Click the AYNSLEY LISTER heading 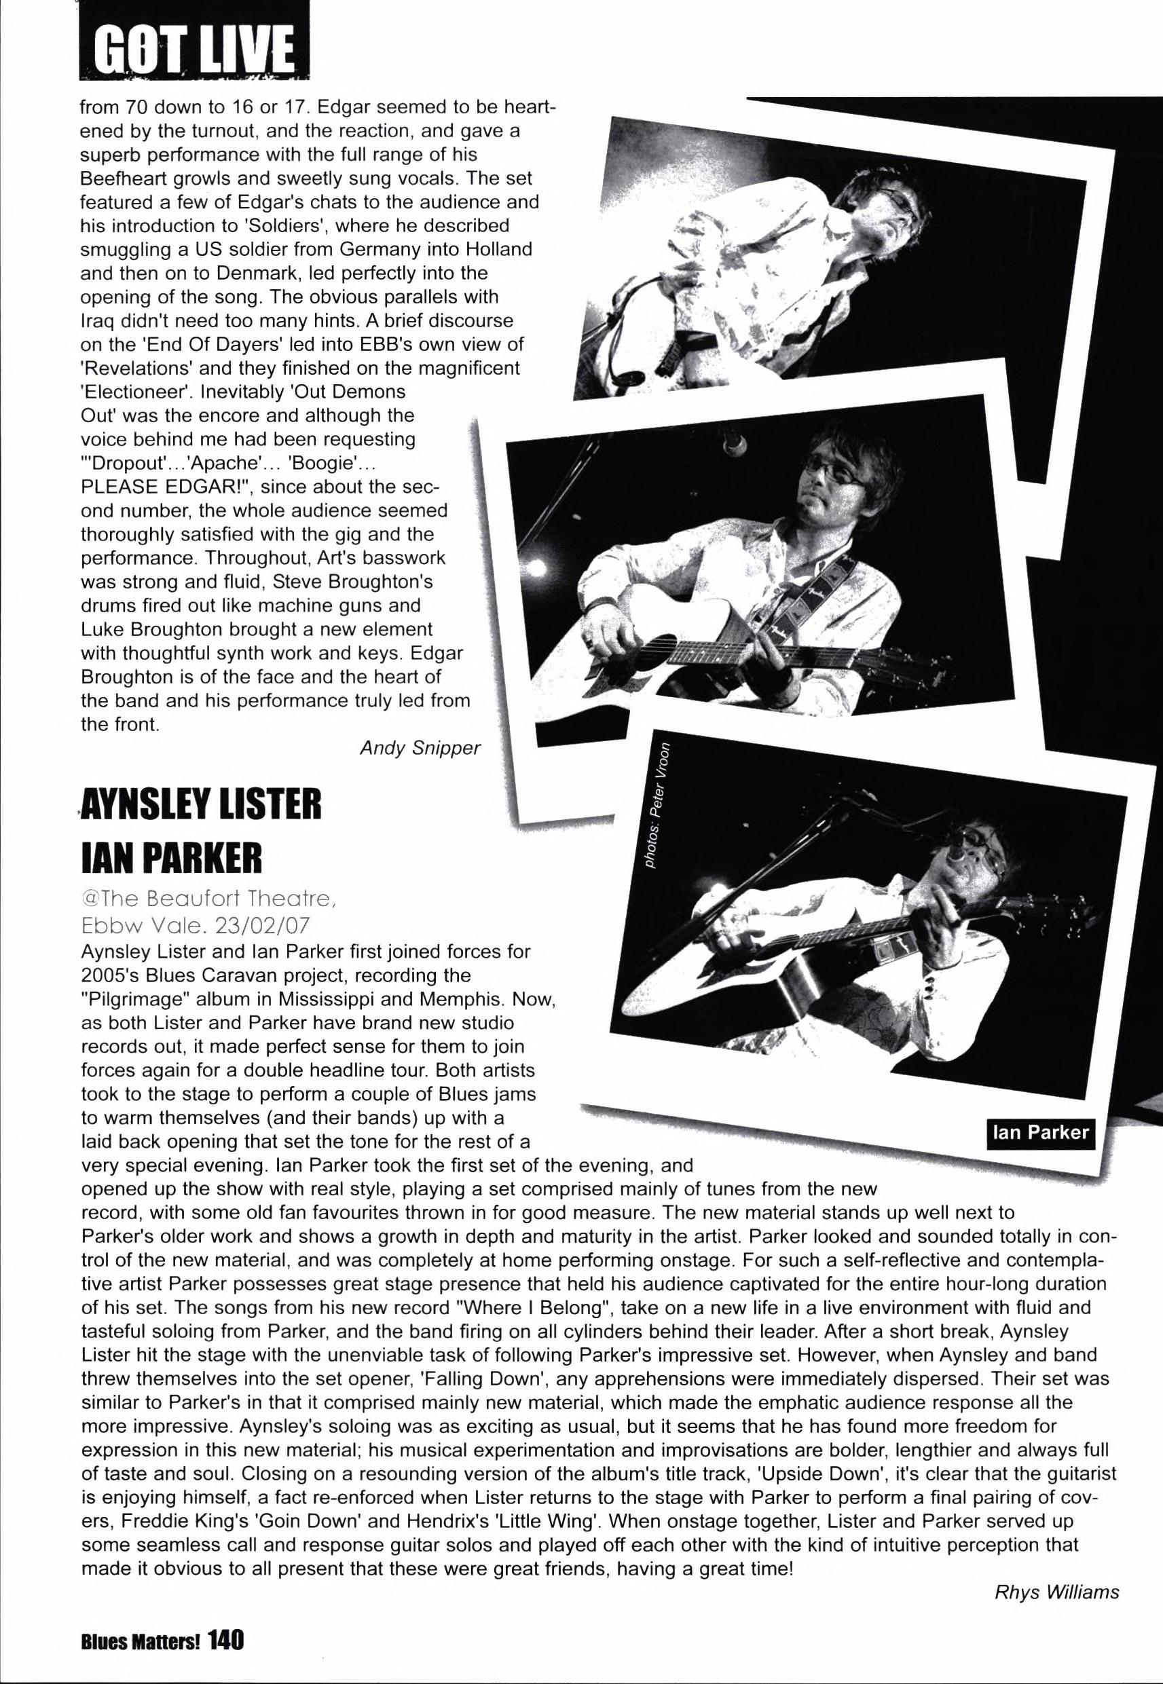[202, 808]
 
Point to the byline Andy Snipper [420, 749]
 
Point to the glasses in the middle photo [826, 474]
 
